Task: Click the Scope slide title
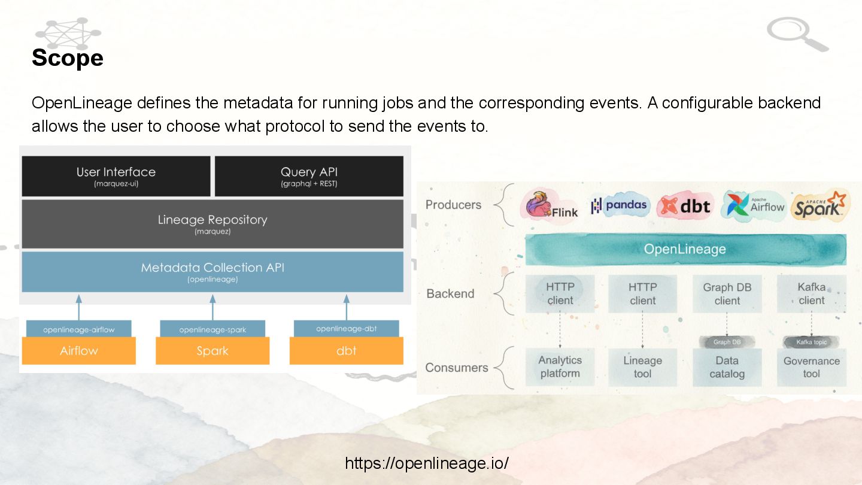(x=68, y=58)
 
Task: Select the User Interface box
(x=116, y=176)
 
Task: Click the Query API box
(x=309, y=176)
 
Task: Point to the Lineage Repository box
(x=213, y=223)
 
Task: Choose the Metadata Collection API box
(x=213, y=271)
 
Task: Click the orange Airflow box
(x=78, y=351)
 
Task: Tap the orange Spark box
(x=213, y=351)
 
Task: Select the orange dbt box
(x=346, y=351)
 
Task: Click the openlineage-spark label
(x=213, y=329)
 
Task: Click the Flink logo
(x=551, y=206)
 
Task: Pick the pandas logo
(x=619, y=205)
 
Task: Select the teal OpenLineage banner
(x=685, y=249)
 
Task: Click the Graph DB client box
(x=727, y=294)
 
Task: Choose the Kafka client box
(x=811, y=294)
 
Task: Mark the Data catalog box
(x=727, y=367)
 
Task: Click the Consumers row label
(x=456, y=368)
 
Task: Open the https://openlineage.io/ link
(x=427, y=463)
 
